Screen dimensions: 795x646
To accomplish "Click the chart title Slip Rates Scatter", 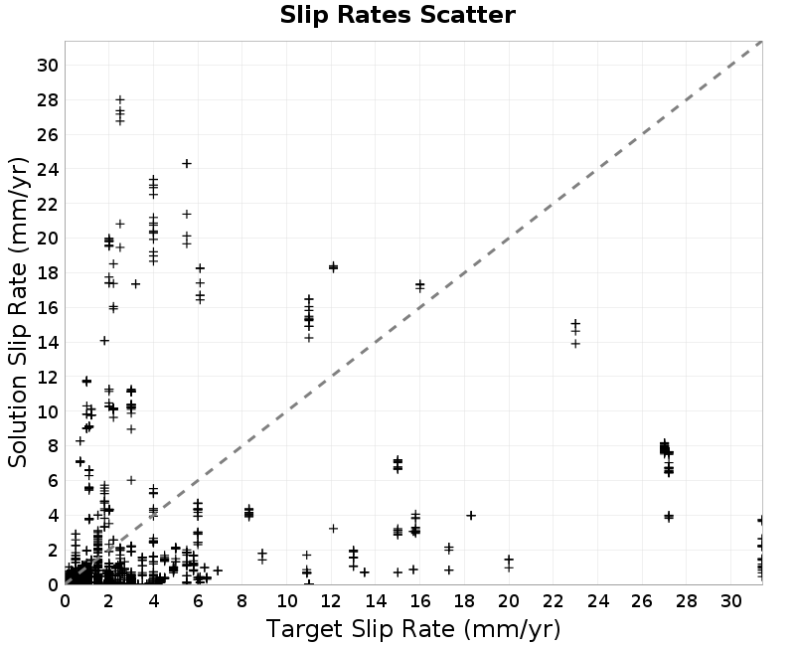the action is click(397, 15).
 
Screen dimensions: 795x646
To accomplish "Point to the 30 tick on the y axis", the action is click(48, 65).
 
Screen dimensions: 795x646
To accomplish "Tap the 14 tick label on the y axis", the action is click(48, 342).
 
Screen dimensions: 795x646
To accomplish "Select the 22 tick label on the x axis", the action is click(554, 602).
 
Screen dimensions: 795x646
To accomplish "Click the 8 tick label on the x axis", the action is click(241, 602).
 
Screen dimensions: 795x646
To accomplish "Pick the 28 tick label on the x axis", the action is click(687, 602).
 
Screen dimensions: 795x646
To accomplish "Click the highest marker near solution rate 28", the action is click(120, 99).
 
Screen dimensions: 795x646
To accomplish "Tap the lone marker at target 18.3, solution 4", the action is click(471, 515).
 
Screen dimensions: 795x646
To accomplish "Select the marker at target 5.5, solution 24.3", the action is click(187, 163).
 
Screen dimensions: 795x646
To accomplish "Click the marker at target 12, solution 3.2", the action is click(333, 529).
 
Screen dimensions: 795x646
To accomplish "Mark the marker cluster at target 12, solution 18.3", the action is click(333, 266).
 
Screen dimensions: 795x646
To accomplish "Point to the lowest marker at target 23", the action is click(575, 344).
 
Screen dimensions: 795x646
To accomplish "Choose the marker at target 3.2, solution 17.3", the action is click(135, 284).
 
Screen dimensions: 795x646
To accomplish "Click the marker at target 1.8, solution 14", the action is click(104, 341).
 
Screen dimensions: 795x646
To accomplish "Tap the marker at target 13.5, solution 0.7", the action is click(365, 572).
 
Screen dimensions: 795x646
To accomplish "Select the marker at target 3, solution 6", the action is click(131, 480).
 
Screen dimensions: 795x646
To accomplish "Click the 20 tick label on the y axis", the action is click(48, 239).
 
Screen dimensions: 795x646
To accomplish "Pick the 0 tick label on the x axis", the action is click(65, 602).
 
